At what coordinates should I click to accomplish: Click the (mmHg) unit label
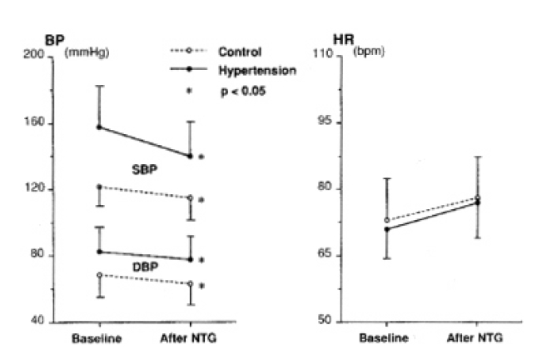pyautogui.click(x=86, y=54)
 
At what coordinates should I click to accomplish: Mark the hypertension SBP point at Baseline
pyautogui.click(x=100, y=127)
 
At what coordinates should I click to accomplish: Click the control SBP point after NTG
pyautogui.click(x=190, y=197)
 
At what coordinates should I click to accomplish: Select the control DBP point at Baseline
pyautogui.click(x=100, y=275)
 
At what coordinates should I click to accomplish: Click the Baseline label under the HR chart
pyautogui.click(x=384, y=339)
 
